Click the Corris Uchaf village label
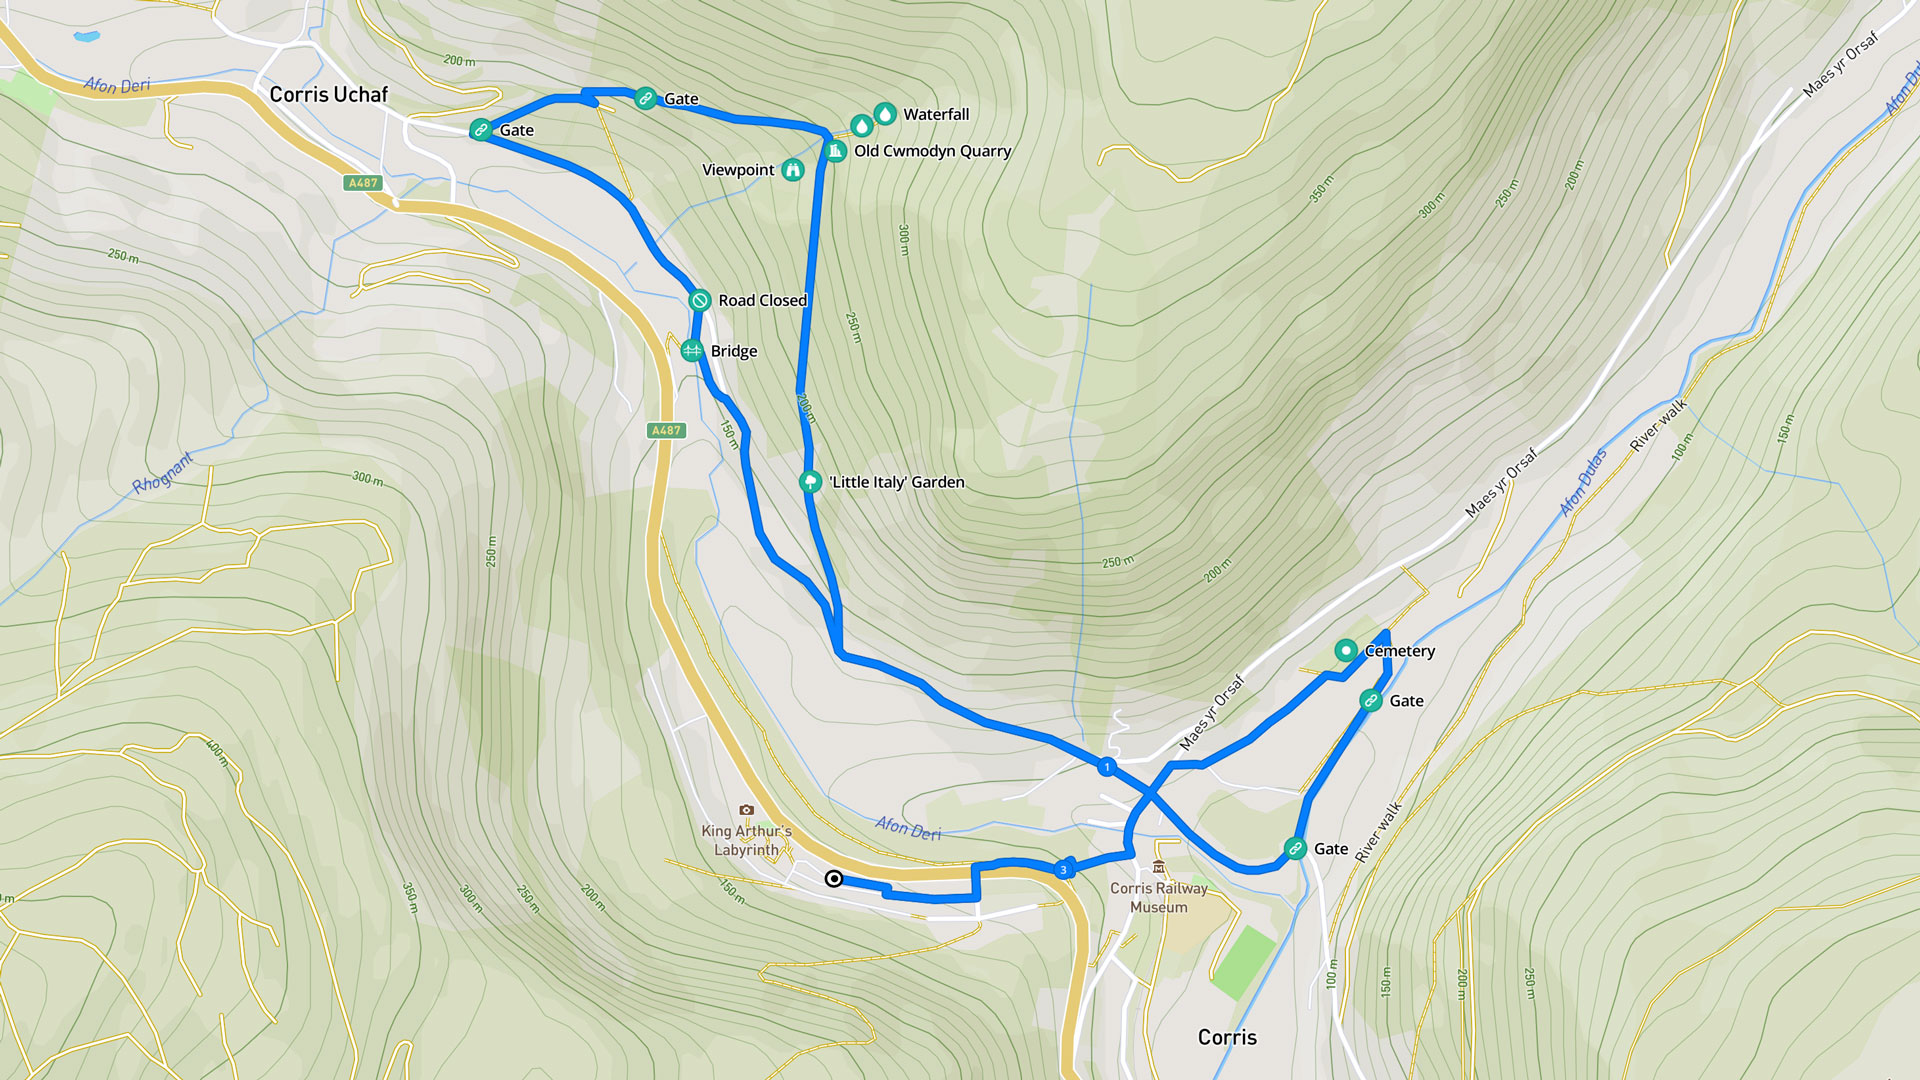coord(328,94)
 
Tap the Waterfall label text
coord(936,114)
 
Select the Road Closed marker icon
coord(700,300)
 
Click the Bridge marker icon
coord(692,351)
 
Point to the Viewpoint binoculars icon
coord(793,170)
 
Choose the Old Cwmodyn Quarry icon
coord(835,151)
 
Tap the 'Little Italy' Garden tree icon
coord(810,482)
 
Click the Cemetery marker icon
coord(1346,651)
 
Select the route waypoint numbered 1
coord(1106,767)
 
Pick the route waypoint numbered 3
coord(1063,870)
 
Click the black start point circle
coord(833,879)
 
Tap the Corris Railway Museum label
coord(1159,897)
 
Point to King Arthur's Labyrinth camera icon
coord(746,810)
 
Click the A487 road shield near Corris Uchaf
coord(362,183)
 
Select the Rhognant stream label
coord(162,472)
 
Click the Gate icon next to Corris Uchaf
coord(481,130)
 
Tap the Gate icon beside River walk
coord(1295,849)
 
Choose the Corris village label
coord(1227,1037)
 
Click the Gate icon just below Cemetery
coord(1371,701)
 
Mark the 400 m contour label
coord(216,752)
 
